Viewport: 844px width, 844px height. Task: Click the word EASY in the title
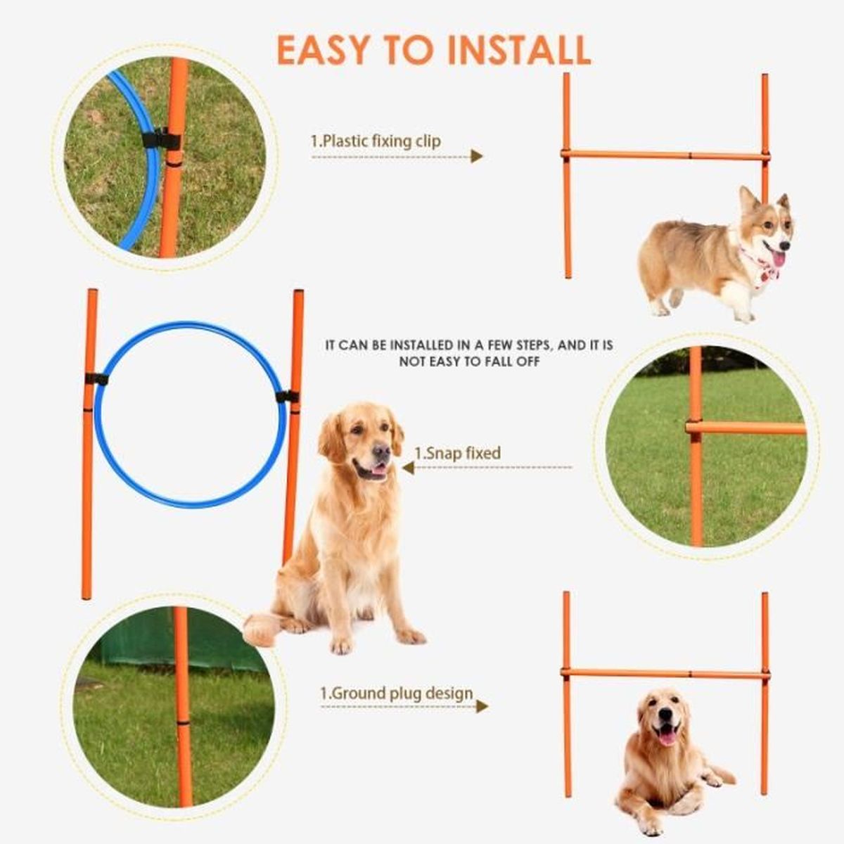(323, 49)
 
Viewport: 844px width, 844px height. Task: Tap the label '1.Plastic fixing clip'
(376, 141)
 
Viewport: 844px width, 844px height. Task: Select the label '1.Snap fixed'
(457, 453)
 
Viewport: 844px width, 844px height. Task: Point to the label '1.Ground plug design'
(397, 693)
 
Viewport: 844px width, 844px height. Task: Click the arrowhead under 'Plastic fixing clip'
(478, 156)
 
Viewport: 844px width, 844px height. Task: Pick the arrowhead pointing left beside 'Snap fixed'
(408, 467)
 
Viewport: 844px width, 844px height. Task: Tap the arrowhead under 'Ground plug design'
(482, 705)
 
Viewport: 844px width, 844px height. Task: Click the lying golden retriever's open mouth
(666, 736)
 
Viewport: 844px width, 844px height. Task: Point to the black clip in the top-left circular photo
(162, 138)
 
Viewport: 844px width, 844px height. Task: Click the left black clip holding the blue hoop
(96, 379)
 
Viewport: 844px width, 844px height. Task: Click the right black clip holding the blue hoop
(288, 397)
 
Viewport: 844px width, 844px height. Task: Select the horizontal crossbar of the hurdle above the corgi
(665, 155)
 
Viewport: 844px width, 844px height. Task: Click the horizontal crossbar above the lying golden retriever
(665, 674)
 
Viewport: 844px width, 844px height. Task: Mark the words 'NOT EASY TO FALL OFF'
(469, 362)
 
